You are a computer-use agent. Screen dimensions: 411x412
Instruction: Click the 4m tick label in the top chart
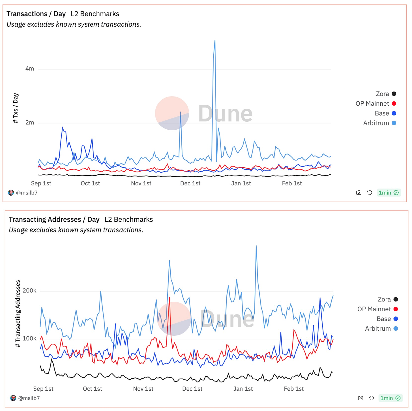pyautogui.click(x=30, y=68)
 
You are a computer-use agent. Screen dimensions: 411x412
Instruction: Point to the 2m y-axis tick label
pyautogui.click(x=30, y=123)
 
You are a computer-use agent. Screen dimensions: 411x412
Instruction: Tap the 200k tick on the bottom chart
pyautogui.click(x=29, y=291)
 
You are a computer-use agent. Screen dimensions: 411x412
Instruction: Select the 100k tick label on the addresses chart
pyautogui.click(x=29, y=339)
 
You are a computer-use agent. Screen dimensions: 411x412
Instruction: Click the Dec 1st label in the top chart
pyautogui.click(x=190, y=183)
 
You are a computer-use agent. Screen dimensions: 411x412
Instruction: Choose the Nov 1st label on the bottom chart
pyautogui.click(x=143, y=389)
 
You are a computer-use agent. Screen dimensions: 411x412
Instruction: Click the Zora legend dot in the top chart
pyautogui.click(x=394, y=94)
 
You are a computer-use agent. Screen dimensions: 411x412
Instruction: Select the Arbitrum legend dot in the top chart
pyautogui.click(x=394, y=123)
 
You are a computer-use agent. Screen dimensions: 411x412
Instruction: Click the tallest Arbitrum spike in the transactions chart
pyautogui.click(x=215, y=40)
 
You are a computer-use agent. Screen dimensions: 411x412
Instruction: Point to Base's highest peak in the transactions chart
pyautogui.click(x=63, y=128)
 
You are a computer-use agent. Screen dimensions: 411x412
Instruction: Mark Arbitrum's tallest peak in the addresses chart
pyautogui.click(x=256, y=246)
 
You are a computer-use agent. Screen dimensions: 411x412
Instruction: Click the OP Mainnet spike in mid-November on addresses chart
pyautogui.click(x=169, y=297)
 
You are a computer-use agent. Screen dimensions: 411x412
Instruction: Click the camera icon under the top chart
pyautogui.click(x=359, y=193)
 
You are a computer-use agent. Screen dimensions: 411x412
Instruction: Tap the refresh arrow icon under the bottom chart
pyautogui.click(x=372, y=398)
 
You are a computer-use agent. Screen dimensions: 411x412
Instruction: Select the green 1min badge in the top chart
pyautogui.click(x=389, y=193)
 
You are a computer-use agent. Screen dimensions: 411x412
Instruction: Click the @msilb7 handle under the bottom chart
pyautogui.click(x=29, y=398)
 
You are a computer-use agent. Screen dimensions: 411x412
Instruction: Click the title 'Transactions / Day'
pyautogui.click(x=36, y=14)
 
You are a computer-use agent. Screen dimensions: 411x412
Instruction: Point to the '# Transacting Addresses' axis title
pyautogui.click(x=18, y=314)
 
